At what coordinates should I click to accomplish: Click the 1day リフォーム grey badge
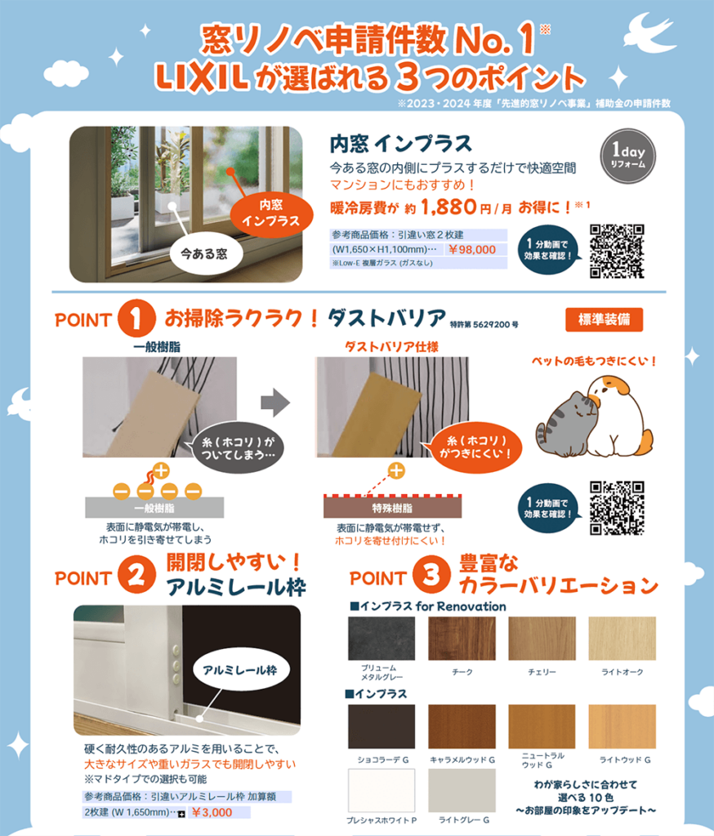627,156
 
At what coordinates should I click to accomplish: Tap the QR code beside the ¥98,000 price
617,251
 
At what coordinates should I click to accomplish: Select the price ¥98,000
471,250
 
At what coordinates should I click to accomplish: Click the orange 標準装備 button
604,319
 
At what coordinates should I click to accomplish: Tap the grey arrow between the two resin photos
275,402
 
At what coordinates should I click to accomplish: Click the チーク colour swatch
462,638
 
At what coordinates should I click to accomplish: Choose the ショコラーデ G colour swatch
382,727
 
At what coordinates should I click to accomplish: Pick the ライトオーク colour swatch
623,638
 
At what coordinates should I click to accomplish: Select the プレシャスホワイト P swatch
382,790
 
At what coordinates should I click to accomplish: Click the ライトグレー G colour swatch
462,790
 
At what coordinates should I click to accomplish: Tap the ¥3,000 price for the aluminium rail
212,812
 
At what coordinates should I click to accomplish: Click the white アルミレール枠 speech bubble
240,670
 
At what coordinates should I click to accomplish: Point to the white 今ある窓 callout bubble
204,254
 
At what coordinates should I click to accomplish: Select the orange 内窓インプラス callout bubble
271,213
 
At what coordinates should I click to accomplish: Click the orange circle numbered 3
431,575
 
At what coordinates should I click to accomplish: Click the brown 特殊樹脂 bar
392,507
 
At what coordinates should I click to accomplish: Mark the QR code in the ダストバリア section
617,508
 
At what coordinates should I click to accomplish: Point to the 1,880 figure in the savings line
448,207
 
